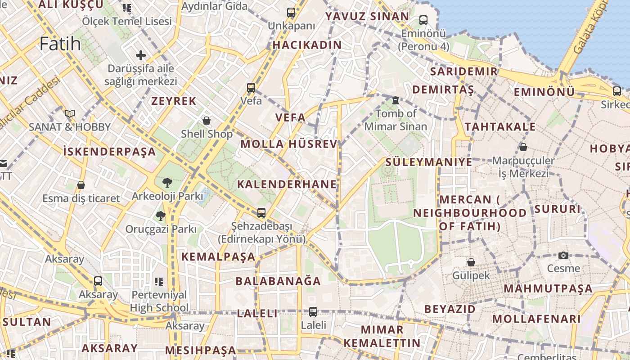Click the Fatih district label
60,44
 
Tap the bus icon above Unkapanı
291,13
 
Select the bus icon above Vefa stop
251,87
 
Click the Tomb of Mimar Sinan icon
396,100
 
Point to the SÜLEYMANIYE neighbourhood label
429,162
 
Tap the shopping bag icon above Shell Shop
207,120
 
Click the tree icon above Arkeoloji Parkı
167,182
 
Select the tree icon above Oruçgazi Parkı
160,216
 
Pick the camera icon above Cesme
563,255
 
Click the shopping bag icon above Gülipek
471,262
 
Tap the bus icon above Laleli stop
313,311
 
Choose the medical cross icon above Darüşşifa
141,55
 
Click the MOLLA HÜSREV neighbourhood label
288,144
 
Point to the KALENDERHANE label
287,184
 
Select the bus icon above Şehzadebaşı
261,212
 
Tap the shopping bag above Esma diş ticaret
81,184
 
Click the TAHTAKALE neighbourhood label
500,127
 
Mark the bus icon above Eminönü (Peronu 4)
423,20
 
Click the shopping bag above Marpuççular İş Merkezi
523,147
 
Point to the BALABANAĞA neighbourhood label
278,281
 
